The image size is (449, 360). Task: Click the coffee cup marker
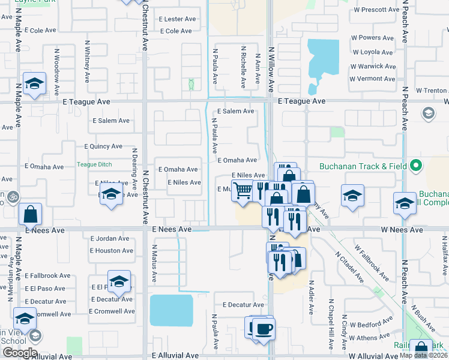263,328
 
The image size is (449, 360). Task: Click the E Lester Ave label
178,19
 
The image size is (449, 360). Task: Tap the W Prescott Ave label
376,10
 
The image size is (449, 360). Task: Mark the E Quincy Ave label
103,146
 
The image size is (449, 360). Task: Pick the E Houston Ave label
112,250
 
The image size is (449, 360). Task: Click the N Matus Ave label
154,264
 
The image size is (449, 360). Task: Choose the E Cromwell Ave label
111,311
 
